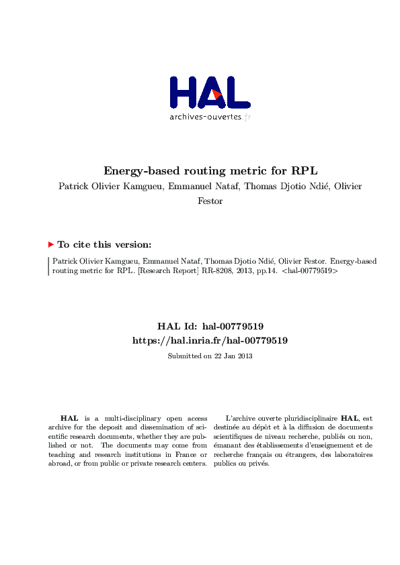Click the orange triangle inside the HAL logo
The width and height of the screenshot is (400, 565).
[x=216, y=95]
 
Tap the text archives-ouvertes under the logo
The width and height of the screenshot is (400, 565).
[x=204, y=117]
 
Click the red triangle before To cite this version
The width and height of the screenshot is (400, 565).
[x=51, y=245]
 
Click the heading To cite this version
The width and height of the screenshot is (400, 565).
[x=104, y=245]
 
